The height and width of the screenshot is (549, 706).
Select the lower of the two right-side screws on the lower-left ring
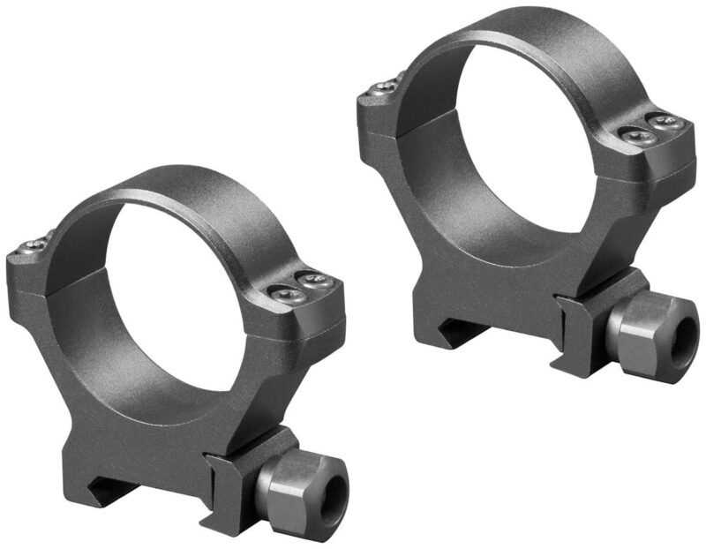289,297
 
